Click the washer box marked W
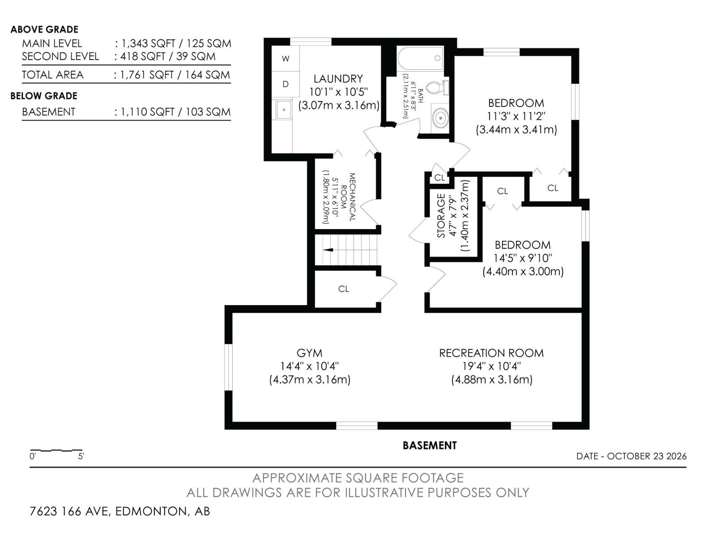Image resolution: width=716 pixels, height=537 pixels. tap(286, 59)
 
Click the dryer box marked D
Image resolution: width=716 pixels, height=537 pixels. tap(286, 84)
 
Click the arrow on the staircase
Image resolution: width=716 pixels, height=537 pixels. tap(328, 250)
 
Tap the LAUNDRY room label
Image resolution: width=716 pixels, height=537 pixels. tap(338, 79)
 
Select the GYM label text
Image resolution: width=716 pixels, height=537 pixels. tap(309, 353)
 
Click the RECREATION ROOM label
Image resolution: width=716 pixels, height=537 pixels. tap(491, 353)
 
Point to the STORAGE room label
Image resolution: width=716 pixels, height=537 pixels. tap(441, 216)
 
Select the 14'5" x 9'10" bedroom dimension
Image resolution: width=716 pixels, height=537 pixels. tap(523, 258)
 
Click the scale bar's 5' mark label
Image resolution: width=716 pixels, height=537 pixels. tap(81, 456)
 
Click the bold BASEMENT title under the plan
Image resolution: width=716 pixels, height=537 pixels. tap(430, 445)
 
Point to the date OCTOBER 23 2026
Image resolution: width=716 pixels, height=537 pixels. tap(647, 456)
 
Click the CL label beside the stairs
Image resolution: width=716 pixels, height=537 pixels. tap(344, 289)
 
